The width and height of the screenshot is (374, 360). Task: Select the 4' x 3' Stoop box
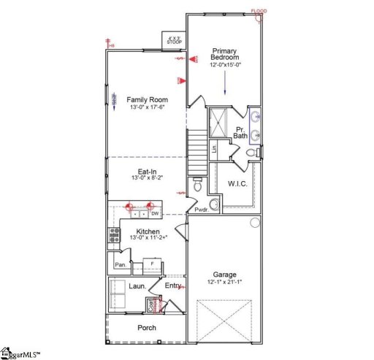pos(175,40)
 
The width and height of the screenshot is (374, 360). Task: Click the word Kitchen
pos(148,231)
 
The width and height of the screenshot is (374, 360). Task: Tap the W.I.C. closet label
pos(238,183)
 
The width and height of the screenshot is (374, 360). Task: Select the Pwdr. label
pos(202,210)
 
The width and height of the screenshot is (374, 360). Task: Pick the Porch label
pos(148,328)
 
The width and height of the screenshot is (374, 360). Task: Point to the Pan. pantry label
pos(120,264)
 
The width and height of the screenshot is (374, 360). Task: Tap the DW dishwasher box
pos(155,213)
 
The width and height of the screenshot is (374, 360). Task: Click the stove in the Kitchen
pos(115,234)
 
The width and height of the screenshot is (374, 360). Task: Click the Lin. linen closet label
pos(214,149)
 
